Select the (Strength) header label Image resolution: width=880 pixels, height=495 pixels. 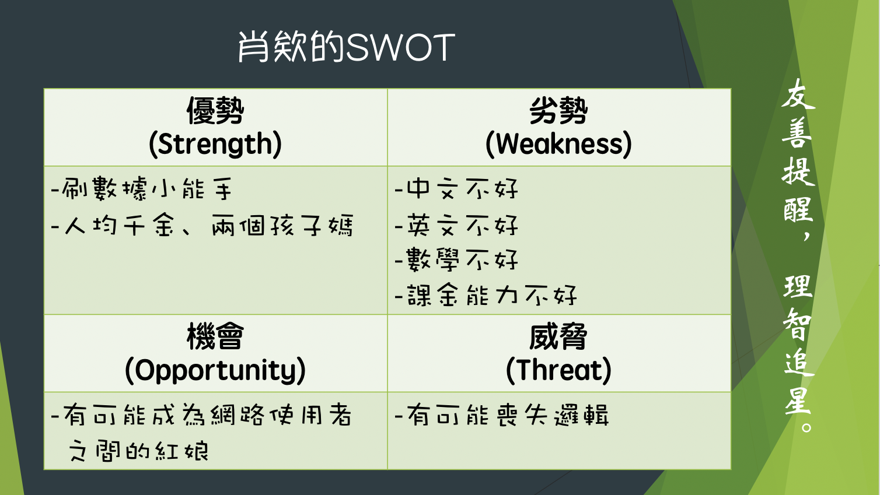[215, 144]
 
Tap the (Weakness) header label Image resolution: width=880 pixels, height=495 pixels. [558, 144]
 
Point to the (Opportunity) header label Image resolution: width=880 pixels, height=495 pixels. [215, 370]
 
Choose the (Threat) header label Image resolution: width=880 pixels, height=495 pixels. [558, 370]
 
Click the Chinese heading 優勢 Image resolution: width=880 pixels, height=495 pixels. [215, 111]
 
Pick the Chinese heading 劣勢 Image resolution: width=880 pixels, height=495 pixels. [558, 111]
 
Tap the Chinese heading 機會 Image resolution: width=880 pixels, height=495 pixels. [215, 336]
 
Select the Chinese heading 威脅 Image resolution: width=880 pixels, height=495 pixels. [558, 336]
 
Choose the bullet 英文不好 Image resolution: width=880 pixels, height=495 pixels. [456, 225]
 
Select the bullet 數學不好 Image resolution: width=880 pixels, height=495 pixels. [456, 260]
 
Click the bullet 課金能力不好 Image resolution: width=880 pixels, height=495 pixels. [486, 295]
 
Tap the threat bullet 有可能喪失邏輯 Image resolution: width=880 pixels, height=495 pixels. [502, 415]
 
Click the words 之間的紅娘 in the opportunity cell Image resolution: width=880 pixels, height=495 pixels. [138, 451]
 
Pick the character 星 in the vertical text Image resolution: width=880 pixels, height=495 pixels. [798, 401]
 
